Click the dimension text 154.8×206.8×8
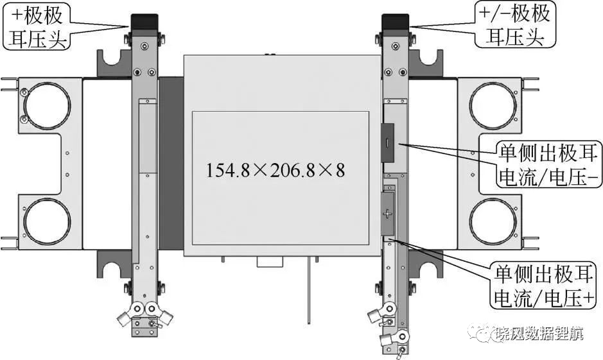point(275,170)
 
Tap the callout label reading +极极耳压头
point(37,26)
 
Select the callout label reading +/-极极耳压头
point(514,25)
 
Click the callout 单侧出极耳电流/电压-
point(548,164)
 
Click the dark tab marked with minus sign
point(388,142)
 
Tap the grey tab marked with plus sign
point(387,214)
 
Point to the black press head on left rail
point(144,22)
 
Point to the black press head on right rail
point(395,22)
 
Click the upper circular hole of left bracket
point(47,105)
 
